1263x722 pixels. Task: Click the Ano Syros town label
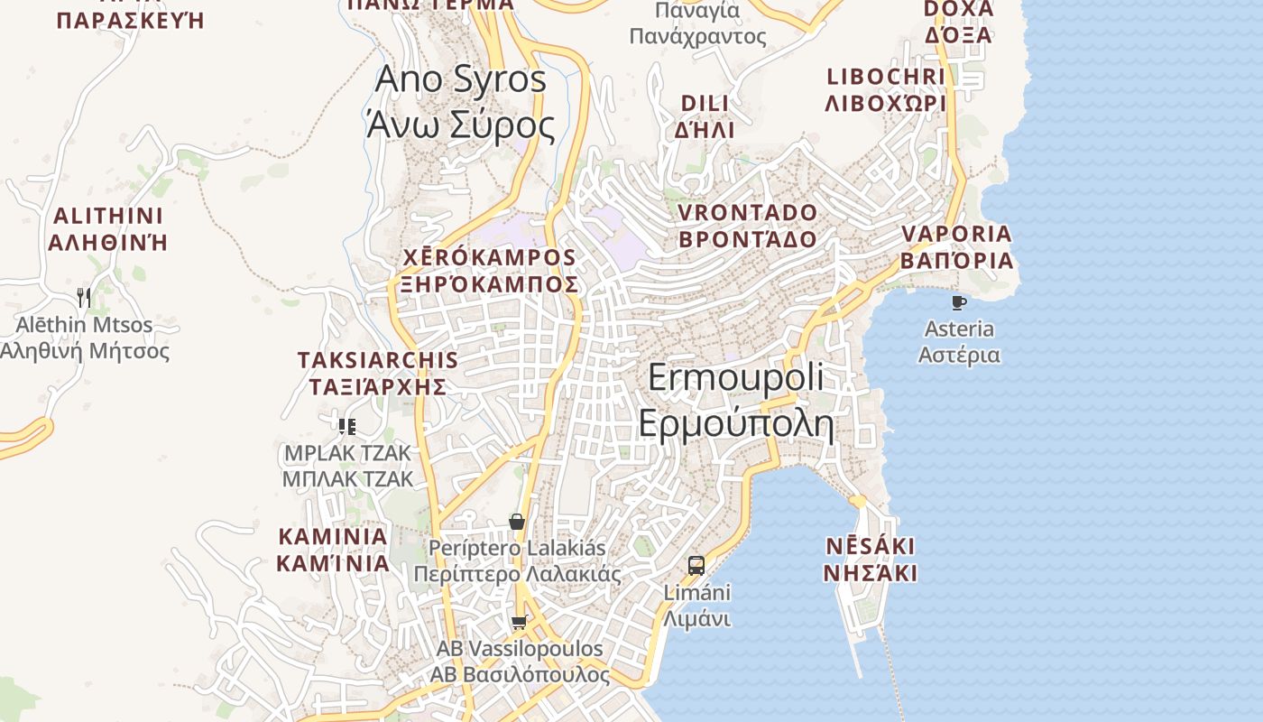(460, 101)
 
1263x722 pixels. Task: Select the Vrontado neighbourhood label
(747, 226)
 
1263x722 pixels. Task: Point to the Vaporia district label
(957, 247)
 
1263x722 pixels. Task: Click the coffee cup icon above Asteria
(959, 302)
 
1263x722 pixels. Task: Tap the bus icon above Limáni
(696, 566)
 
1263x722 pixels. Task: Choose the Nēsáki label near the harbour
(871, 560)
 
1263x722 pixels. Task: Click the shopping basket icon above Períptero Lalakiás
(517, 522)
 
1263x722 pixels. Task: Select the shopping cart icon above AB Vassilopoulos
(519, 622)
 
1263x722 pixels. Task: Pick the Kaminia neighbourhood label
(333, 550)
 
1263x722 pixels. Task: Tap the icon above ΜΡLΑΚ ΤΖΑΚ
(347, 427)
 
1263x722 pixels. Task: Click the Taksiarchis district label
(378, 373)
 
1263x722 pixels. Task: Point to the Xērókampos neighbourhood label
(491, 271)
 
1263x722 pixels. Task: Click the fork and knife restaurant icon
(84, 297)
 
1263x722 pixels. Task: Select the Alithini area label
(108, 229)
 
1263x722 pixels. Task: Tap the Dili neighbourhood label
(705, 116)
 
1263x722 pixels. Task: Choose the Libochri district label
(886, 89)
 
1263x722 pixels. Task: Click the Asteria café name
(959, 341)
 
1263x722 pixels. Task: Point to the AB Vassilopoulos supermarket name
(520, 662)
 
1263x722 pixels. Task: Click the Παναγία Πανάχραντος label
(697, 23)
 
